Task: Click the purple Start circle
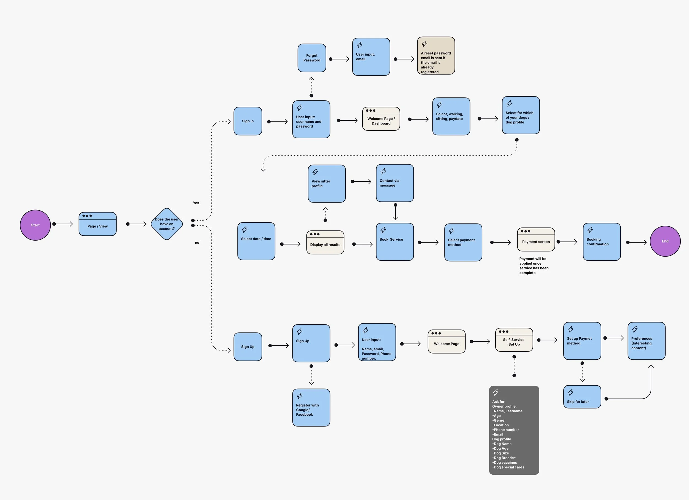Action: [x=35, y=225]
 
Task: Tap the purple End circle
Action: [x=665, y=241]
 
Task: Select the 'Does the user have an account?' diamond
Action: [x=166, y=224]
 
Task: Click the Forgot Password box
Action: [x=312, y=58]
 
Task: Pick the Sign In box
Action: [x=247, y=121]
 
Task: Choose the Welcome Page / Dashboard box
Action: [x=381, y=119]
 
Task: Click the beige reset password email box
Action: [x=436, y=56]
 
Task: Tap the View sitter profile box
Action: [x=327, y=184]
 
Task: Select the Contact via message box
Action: [x=395, y=183]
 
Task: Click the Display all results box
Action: [x=325, y=242]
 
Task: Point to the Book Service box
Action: [x=395, y=242]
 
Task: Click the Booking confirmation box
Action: [x=602, y=242]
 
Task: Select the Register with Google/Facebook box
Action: [x=311, y=407]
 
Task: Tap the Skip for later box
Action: [x=582, y=397]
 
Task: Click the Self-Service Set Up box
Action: [x=514, y=340]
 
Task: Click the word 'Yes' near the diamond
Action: [x=196, y=203]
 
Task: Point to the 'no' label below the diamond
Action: [x=197, y=243]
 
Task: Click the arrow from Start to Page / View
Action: [x=63, y=224]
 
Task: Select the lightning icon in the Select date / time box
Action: [x=244, y=230]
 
